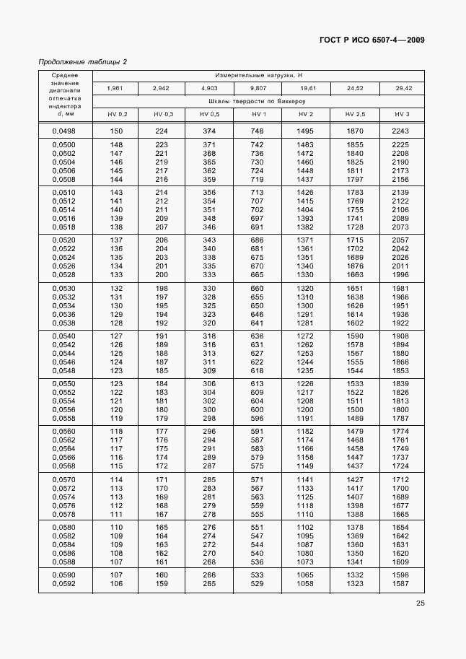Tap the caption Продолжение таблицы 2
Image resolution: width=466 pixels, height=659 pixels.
tap(82, 61)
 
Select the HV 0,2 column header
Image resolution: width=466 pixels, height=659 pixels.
tap(117, 115)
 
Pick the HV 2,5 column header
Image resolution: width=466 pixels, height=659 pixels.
tap(355, 115)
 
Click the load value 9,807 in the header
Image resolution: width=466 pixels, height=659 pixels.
tap(259, 88)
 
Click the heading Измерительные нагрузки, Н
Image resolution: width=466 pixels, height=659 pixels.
tap(258, 75)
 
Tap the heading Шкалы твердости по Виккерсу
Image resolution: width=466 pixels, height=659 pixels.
tap(258, 102)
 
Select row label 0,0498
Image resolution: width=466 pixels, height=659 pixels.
tap(65, 131)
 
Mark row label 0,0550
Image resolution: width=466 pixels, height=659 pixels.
tap(65, 383)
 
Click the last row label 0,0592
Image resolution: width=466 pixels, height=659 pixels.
tap(65, 584)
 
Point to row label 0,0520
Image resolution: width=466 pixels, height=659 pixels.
tap(65, 239)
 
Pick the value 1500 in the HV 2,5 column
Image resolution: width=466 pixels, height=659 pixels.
tap(354, 409)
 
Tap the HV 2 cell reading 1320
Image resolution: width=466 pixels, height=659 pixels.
tap(306, 289)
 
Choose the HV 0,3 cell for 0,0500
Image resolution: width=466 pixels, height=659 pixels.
tap(162, 145)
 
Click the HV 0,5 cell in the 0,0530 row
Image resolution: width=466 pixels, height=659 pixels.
tap(209, 289)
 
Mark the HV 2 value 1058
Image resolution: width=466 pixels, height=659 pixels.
tap(306, 584)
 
